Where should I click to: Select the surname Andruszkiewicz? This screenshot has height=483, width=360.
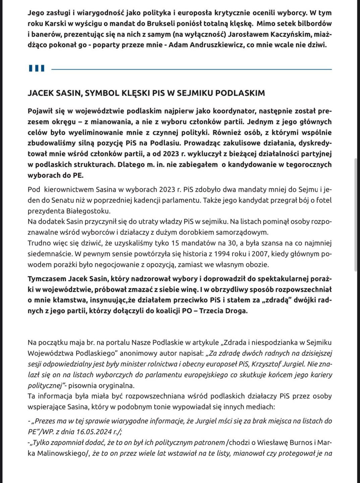(214, 45)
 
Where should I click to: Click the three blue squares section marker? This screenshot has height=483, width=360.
(37, 68)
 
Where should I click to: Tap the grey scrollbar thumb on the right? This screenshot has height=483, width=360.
(356, 215)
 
